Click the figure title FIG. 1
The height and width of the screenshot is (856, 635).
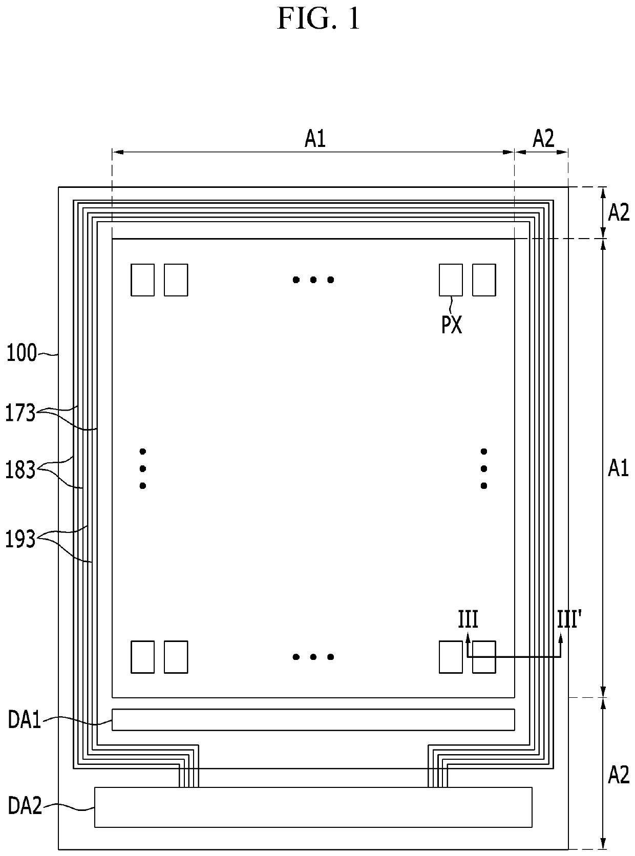pos(319,19)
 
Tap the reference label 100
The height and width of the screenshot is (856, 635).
pos(22,353)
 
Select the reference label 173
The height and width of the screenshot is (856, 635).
pos(20,413)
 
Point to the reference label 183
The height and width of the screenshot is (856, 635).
pos(20,470)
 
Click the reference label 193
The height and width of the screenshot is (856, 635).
pos(20,539)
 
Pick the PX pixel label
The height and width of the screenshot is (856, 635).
pos(451,325)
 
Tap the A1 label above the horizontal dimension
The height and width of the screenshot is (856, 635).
pos(315,139)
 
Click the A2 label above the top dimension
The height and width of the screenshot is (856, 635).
pos(543,139)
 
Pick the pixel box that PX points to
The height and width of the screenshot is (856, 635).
pos(451,280)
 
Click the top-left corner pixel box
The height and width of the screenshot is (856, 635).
pos(142,280)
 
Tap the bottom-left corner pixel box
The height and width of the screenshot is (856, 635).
pos(142,657)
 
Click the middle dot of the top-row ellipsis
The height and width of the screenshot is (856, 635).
pos(313,280)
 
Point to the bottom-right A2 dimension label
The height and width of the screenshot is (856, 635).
pos(619,775)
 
